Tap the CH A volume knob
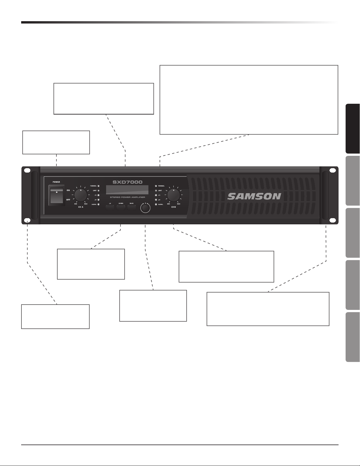coord(81,195)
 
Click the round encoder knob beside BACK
coord(145,208)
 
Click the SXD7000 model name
coord(128,182)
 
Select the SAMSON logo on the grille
coord(254,196)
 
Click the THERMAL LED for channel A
coord(98,186)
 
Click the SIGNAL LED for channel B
coord(156,204)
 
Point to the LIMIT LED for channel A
coord(98,191)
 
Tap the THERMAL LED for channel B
coord(156,186)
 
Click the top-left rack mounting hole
coord(27,171)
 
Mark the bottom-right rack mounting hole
coord(333,221)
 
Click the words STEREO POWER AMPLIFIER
coord(128,197)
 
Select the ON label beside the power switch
coord(68,190)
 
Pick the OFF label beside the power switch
coord(68,200)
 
